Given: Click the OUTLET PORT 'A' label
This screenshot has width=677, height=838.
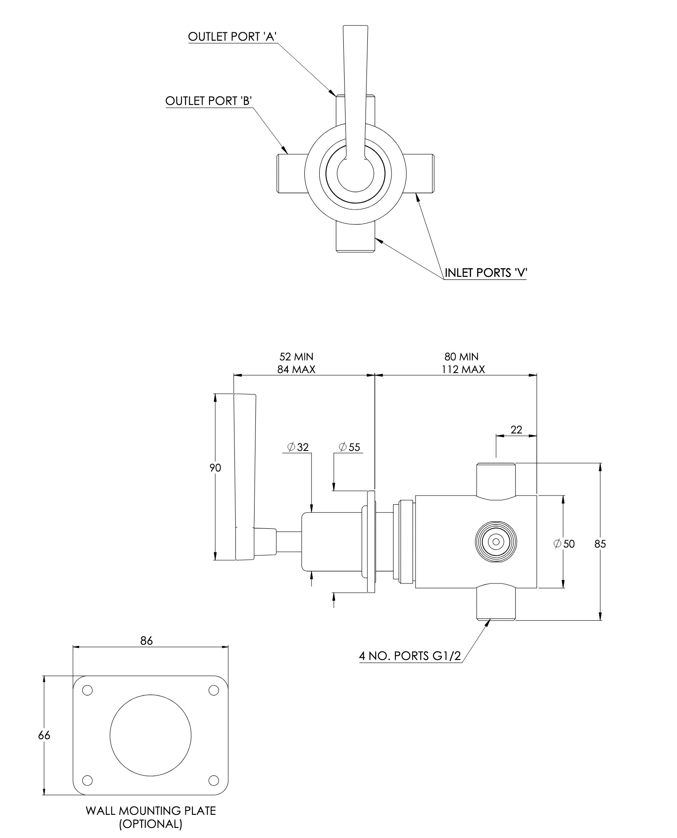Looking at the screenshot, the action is coord(233,37).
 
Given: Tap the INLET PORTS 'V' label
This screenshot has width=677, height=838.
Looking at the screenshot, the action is coord(486,273).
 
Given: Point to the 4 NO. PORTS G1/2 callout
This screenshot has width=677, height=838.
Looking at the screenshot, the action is coord(410,656).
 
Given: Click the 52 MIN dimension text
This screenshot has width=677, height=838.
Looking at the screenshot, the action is coord(296,357).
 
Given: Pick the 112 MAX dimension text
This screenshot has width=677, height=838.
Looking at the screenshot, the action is coord(463,370).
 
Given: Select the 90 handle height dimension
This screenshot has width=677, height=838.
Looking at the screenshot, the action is coord(215,468).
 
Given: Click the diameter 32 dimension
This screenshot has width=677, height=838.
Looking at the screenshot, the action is coord(298,447).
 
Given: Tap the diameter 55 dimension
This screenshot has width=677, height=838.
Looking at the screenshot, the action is coord(349,447).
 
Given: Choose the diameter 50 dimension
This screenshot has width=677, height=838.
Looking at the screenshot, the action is coord(564,544).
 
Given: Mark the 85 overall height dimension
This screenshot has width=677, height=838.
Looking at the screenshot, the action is coord(600,544).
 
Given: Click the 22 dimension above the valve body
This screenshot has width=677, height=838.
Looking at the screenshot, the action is coord(516,430).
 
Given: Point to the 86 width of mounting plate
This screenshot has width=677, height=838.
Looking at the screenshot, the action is coord(147,641).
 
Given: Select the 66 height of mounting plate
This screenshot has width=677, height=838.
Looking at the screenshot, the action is coord(44,736).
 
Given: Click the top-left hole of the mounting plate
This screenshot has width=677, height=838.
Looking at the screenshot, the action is coord(87,690).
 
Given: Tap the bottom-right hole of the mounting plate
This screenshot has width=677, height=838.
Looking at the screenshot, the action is coord(213,780).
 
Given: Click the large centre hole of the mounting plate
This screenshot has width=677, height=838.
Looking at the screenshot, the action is coord(151,736).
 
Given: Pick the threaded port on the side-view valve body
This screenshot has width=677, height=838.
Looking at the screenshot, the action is coord(496,542).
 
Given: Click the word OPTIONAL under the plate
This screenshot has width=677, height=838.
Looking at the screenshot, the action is coord(151,824).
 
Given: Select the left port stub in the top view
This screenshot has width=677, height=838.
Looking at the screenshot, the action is coord(291,174).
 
